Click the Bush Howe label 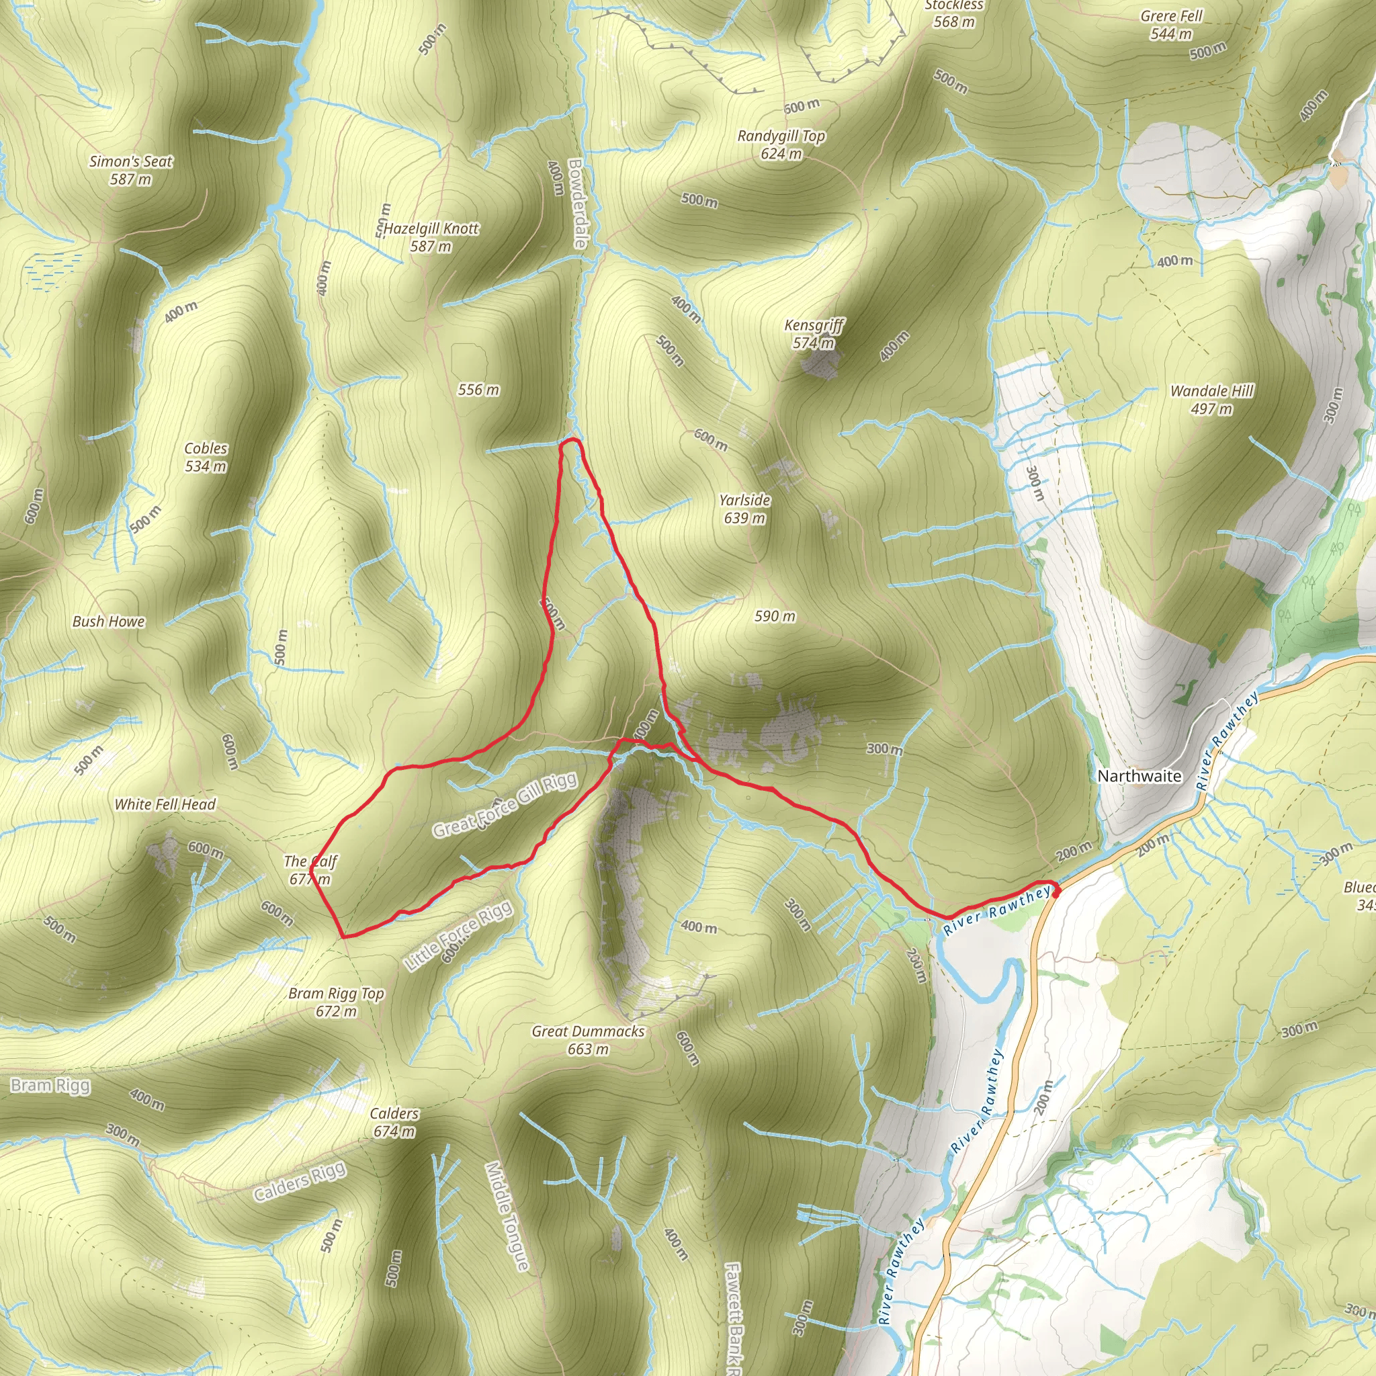point(108,621)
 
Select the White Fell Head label point(165,804)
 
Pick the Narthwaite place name point(1139,775)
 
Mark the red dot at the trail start point(1056,892)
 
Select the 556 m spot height point(478,390)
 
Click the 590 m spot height point(775,616)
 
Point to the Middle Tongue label point(507,1217)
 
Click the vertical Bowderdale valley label point(577,203)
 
